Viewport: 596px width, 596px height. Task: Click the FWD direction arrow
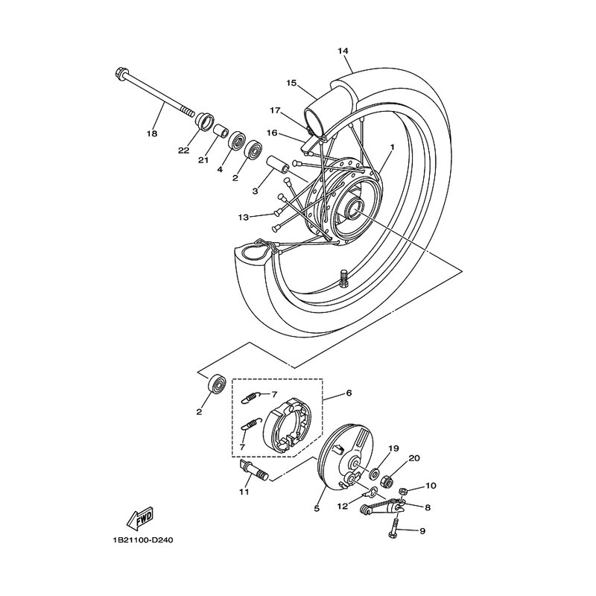[x=139, y=518]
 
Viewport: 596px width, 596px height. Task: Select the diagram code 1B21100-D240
[x=142, y=540]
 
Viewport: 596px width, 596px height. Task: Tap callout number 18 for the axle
[x=152, y=133]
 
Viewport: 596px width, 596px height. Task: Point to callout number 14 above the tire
[x=343, y=51]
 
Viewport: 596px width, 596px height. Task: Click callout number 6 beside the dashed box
[x=349, y=393]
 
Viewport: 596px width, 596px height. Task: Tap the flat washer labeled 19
[x=374, y=474]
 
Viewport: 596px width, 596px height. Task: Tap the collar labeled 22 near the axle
[x=203, y=121]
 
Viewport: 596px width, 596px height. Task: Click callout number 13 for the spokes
[x=244, y=218]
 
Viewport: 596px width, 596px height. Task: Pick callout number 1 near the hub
[x=393, y=146]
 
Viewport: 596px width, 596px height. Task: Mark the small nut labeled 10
[x=404, y=492]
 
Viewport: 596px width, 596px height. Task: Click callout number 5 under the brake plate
[x=317, y=508]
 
